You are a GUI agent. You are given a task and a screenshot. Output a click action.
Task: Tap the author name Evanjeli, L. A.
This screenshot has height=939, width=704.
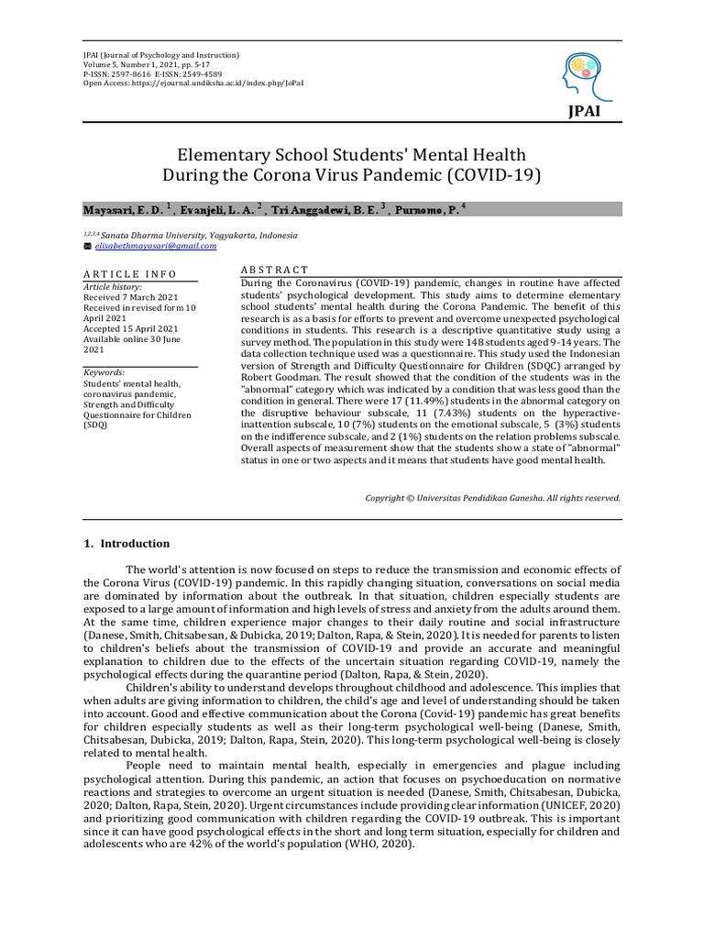217,210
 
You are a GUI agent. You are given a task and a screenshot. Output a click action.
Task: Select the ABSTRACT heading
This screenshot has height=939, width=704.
274,270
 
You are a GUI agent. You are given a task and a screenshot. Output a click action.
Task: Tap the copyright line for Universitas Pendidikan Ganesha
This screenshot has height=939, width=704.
493,498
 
